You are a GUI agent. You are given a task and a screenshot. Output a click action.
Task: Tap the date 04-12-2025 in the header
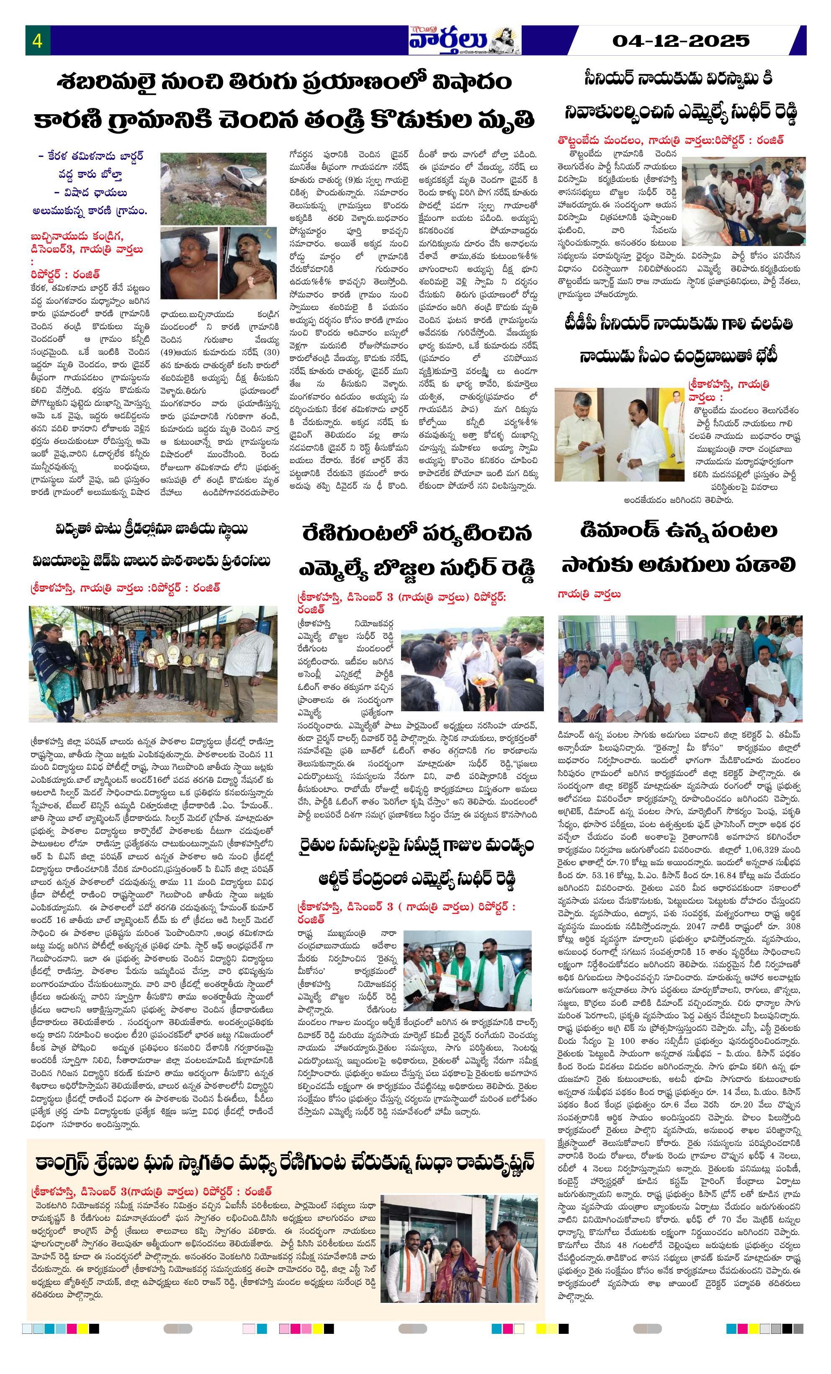coord(680,41)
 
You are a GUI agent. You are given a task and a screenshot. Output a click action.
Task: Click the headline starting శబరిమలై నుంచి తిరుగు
coord(284,82)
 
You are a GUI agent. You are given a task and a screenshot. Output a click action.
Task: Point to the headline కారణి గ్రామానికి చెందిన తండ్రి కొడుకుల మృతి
coord(284,119)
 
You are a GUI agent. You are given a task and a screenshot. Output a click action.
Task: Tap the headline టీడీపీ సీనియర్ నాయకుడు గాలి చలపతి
coord(679,323)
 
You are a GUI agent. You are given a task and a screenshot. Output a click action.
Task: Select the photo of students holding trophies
coord(152,664)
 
